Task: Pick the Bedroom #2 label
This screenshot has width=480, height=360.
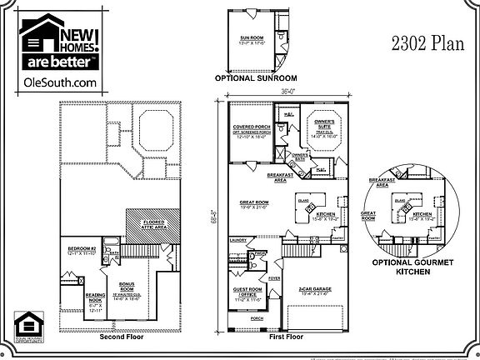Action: pyautogui.click(x=82, y=251)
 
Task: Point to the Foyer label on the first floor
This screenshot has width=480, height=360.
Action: pyautogui.click(x=276, y=280)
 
